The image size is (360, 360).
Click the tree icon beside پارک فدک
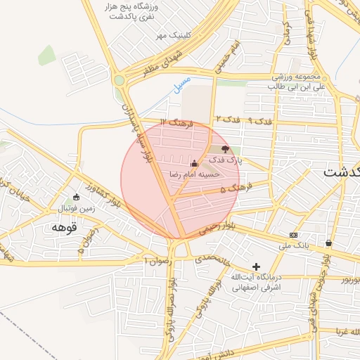click(225, 148)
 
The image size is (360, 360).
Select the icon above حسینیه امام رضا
click(195, 163)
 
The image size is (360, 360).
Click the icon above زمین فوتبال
click(76, 197)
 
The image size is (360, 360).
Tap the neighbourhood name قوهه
click(63, 227)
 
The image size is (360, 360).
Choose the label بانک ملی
click(294, 245)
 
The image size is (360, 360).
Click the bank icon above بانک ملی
click(294, 235)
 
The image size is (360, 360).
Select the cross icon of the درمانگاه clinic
click(256, 266)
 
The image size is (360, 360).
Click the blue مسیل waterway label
click(181, 84)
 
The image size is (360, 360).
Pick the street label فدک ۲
click(228, 118)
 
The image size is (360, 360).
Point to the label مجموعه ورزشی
click(296, 76)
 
